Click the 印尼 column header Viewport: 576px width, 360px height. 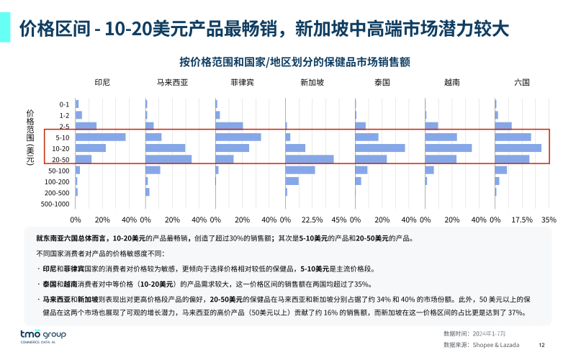click(x=102, y=82)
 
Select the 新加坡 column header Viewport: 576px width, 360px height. click(x=312, y=82)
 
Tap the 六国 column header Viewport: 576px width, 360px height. click(x=522, y=82)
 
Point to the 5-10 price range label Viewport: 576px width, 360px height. click(x=62, y=138)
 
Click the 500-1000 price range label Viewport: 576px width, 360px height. click(x=56, y=204)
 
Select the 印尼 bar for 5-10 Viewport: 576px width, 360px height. click(x=101, y=137)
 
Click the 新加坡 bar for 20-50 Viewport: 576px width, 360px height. click(x=310, y=159)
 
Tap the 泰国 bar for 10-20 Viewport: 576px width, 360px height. click(x=380, y=148)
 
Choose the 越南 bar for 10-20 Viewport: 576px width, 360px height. click(x=449, y=148)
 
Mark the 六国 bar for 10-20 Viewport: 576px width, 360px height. click(x=518, y=148)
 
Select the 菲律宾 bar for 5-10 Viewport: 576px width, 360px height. click(x=238, y=137)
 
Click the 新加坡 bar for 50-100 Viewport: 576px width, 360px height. click(x=300, y=171)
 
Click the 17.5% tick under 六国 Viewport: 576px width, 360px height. click(x=521, y=220)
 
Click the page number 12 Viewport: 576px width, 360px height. click(x=541, y=345)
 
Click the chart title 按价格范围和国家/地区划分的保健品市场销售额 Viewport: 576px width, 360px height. click(x=294, y=60)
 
